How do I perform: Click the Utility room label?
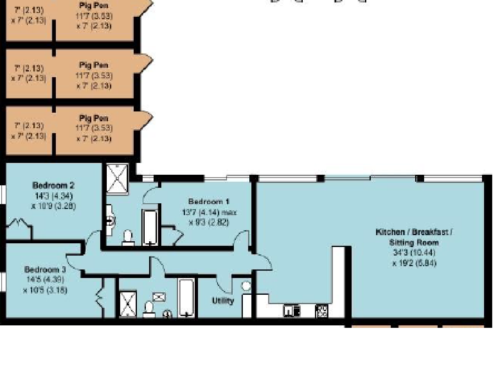(x=223, y=301)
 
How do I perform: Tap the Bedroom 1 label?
(x=209, y=202)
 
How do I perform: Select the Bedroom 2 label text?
(x=53, y=186)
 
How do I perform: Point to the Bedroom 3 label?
(x=45, y=270)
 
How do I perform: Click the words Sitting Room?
(x=413, y=243)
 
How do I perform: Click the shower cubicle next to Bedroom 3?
(x=128, y=305)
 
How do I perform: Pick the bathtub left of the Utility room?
(x=187, y=298)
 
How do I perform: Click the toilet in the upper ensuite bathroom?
(x=128, y=238)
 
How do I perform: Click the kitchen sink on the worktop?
(x=292, y=311)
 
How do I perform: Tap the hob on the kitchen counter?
(x=322, y=311)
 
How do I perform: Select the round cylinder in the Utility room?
(x=246, y=286)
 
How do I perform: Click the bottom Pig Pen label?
(x=94, y=118)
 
